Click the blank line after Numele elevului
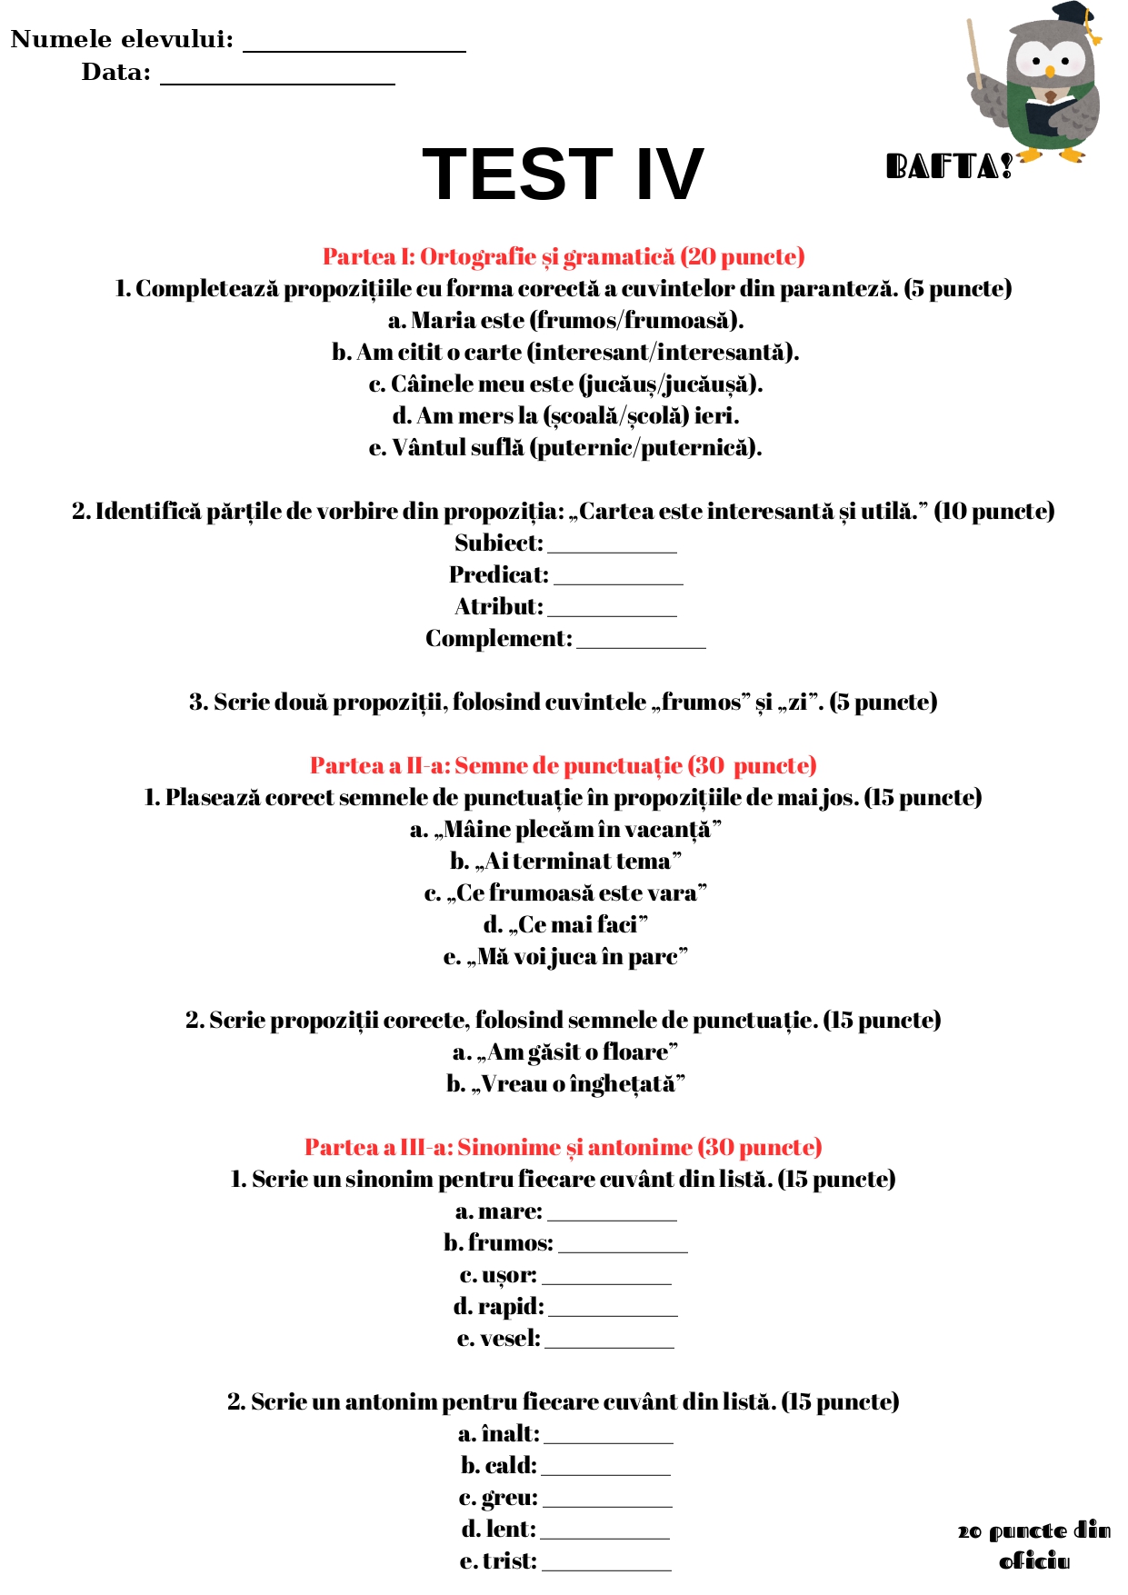coord(354,49)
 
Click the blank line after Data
coord(277,82)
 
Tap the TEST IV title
coord(563,174)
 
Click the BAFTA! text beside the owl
coord(949,167)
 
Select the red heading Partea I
coord(564,257)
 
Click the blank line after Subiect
coord(612,550)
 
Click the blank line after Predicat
coord(618,582)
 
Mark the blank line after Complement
coord(641,645)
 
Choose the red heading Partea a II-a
coord(564,766)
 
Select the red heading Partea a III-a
coord(564,1148)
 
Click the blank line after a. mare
coord(612,1218)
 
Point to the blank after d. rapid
coord(613,1313)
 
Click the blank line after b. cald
coord(605,1472)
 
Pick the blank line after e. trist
coord(606,1568)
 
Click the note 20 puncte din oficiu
coord(1034,1546)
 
